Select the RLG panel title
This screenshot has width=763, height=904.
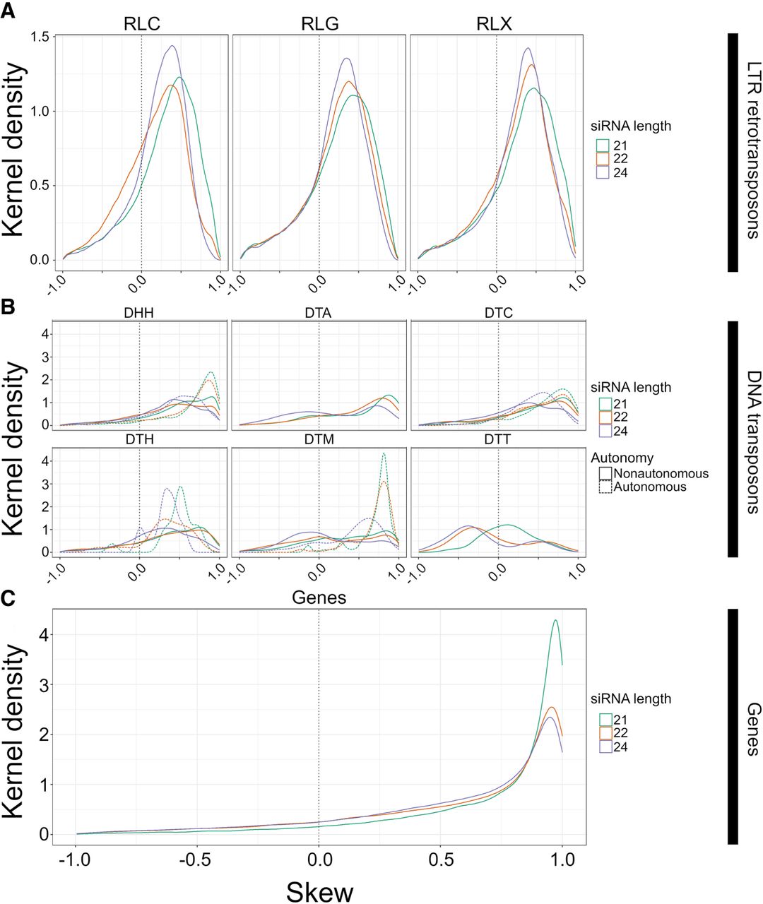coord(320,24)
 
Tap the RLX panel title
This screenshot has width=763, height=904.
coord(497,24)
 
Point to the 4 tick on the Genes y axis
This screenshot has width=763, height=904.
coord(45,635)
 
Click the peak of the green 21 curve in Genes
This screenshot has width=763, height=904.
coord(556,620)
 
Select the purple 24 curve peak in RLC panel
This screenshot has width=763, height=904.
coord(171,46)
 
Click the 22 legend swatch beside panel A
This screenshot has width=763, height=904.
coord(602,158)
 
